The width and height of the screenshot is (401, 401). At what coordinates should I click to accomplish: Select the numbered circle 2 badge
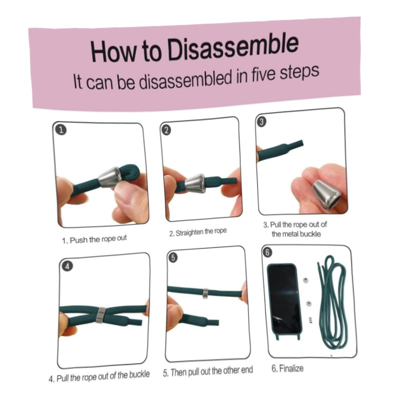click(x=166, y=130)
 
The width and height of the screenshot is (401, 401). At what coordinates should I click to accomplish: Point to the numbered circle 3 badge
click(x=261, y=122)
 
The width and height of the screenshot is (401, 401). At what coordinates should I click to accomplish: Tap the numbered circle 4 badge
click(x=68, y=266)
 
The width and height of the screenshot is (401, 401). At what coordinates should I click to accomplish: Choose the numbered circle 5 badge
click(x=173, y=258)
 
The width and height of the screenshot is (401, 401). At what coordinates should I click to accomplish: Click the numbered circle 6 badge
click(x=267, y=253)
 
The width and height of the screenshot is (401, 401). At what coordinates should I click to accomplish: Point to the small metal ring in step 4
click(x=101, y=315)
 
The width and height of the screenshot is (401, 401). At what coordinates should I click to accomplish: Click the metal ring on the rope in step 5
click(x=206, y=293)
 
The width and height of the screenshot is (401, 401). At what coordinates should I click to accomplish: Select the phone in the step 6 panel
click(x=284, y=302)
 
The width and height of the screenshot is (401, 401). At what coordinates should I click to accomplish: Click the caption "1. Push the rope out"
click(x=94, y=240)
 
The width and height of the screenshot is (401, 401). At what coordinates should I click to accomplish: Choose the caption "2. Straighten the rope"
click(x=198, y=232)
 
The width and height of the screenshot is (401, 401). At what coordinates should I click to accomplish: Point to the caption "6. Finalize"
click(x=287, y=368)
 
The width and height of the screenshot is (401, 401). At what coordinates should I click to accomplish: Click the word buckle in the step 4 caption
click(x=139, y=374)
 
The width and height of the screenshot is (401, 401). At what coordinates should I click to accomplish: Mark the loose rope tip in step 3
click(x=302, y=143)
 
